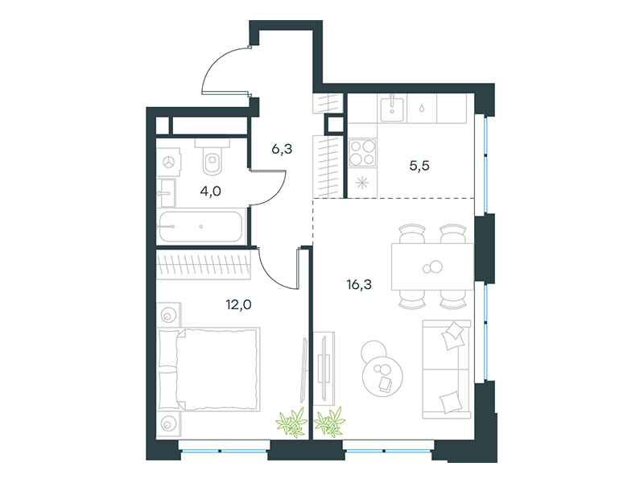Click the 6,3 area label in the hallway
(282, 149)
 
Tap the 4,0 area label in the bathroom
(211, 191)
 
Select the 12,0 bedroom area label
(238, 304)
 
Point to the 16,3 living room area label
(359, 284)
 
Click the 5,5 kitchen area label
(419, 166)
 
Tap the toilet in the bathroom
(213, 157)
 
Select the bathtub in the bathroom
(200, 227)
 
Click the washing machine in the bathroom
(169, 163)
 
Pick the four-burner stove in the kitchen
(362, 153)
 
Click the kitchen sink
(392, 108)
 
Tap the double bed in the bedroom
(209, 369)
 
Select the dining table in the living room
(432, 266)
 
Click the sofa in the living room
(447, 369)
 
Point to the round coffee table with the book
(382, 376)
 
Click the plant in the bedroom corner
(291, 422)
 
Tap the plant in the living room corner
(329, 422)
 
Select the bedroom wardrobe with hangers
(204, 265)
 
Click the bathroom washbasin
(167, 192)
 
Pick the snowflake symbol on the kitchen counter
(362, 183)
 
